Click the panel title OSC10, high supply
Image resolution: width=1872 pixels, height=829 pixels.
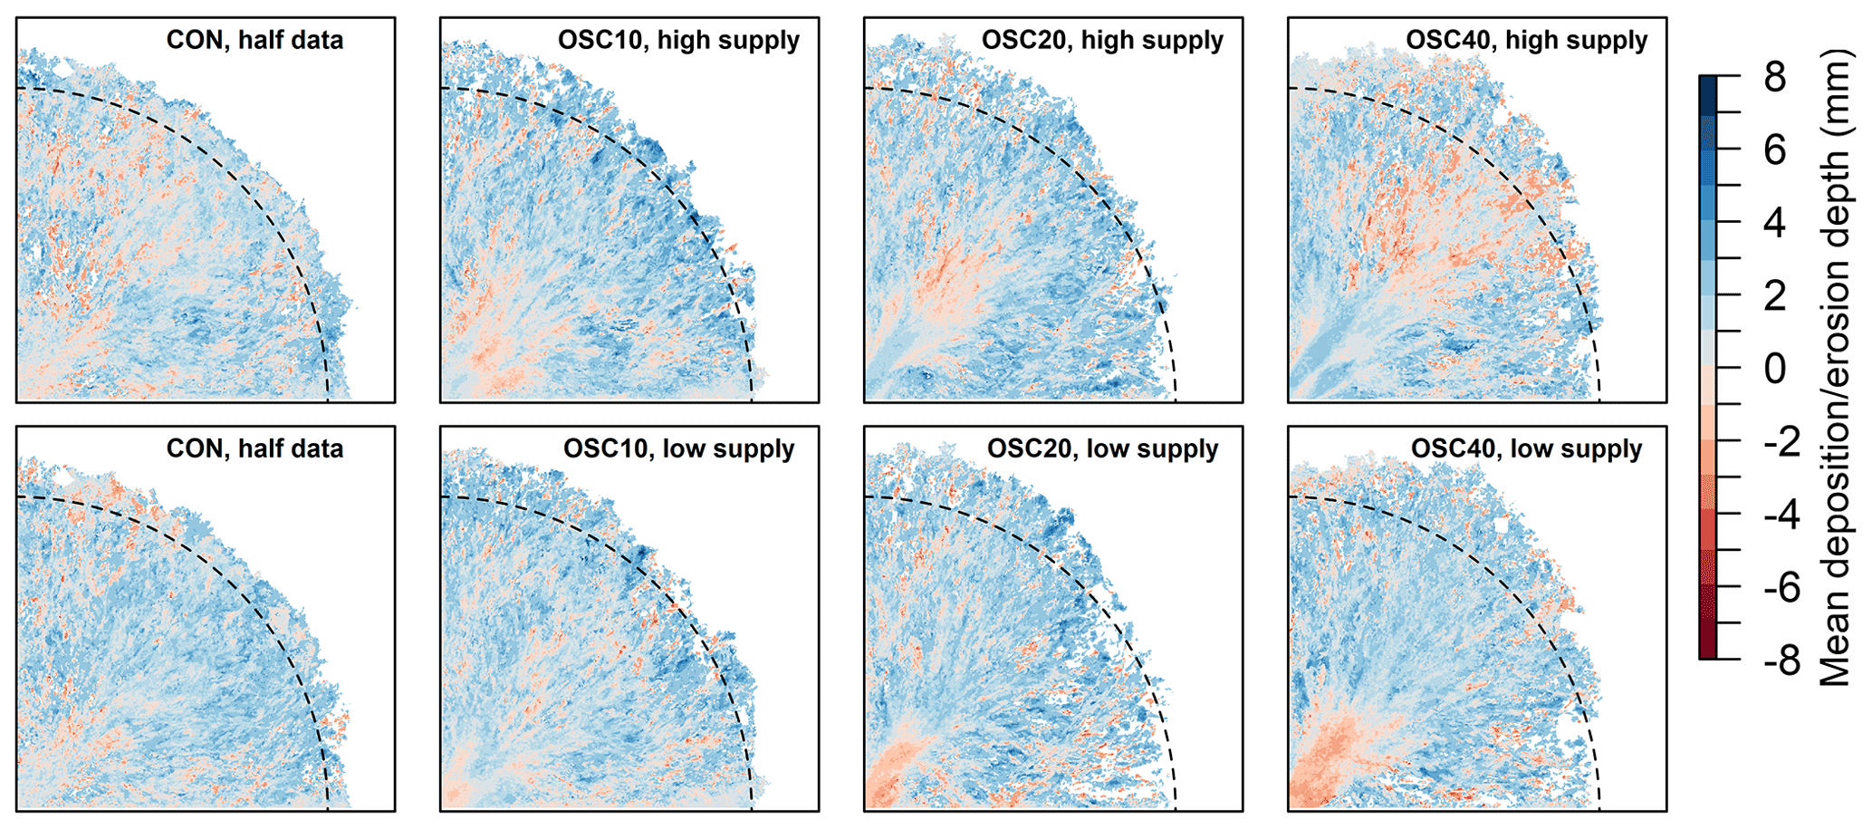pos(678,41)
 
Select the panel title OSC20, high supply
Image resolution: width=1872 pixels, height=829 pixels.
pos(1102,41)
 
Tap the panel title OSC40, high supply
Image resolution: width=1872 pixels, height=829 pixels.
pos(1526,41)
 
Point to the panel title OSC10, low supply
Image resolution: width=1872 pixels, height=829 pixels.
pos(678,449)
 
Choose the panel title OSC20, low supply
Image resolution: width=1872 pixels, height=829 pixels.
pos(1102,449)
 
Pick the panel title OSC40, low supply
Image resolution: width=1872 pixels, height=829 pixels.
pos(1526,449)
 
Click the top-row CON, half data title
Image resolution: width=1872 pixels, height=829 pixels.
pos(254,41)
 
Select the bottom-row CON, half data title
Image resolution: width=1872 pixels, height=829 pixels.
pos(254,449)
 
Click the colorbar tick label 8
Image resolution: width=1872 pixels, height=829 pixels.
pos(1775,78)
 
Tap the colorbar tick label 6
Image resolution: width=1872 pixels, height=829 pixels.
pos(1775,150)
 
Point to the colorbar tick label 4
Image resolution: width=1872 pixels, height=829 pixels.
pos(1775,224)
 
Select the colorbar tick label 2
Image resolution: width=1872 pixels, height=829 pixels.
pos(1775,296)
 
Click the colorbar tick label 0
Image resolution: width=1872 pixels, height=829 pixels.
pos(1775,370)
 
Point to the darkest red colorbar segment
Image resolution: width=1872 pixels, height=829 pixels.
pos(1707,649)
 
